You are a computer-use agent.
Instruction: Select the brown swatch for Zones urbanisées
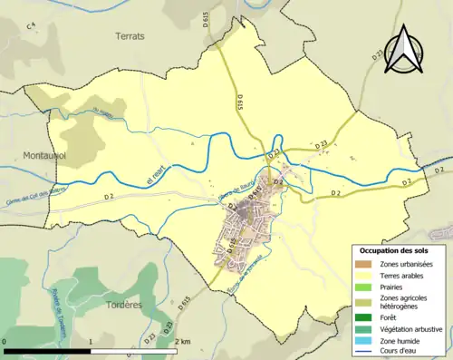click(362, 264)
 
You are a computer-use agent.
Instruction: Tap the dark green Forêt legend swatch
click(362, 317)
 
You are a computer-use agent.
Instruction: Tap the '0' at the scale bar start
click(6, 342)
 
